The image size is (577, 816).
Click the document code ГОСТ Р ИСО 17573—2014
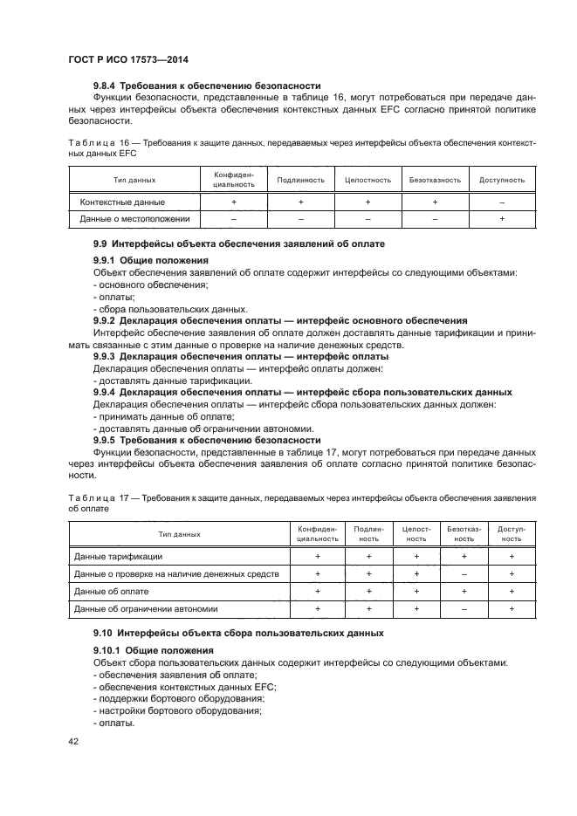click(x=128, y=59)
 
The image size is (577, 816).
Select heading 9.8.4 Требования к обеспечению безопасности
click(x=207, y=86)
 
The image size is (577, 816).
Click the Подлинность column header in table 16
click(x=300, y=180)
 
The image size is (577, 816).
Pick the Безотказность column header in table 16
click(x=435, y=180)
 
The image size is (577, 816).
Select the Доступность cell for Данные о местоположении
click(x=502, y=219)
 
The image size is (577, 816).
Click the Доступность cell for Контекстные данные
click(x=502, y=202)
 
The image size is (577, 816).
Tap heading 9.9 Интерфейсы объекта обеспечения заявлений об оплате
click(x=238, y=243)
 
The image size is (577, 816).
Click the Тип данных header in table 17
click(x=179, y=534)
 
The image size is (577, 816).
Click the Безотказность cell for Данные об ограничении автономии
click(x=464, y=608)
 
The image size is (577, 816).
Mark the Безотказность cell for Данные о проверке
click(x=464, y=573)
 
